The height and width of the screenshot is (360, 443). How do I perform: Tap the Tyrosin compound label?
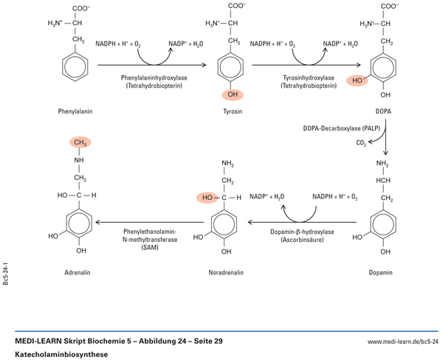[x=233, y=111]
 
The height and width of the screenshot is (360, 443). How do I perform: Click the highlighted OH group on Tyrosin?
[x=233, y=94]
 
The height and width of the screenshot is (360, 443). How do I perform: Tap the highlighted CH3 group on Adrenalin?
[x=80, y=142]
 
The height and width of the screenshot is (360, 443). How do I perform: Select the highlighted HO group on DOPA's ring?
[x=357, y=78]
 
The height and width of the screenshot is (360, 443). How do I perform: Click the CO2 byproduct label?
[x=361, y=142]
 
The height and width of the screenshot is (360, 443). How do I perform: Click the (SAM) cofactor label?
[x=149, y=249]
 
